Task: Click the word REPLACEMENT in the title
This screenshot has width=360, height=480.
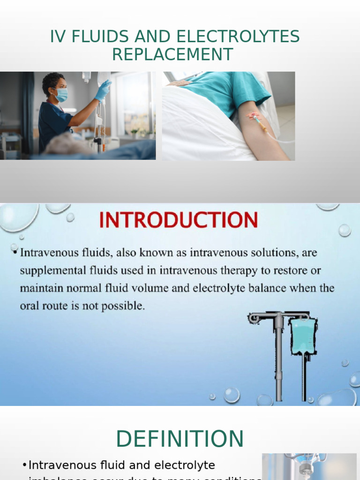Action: point(172,55)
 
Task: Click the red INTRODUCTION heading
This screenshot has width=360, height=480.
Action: point(179,220)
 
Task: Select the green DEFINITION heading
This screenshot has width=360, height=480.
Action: point(180,439)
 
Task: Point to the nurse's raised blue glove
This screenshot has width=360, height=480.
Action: point(103,90)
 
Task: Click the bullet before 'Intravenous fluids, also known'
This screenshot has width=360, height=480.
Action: point(15,253)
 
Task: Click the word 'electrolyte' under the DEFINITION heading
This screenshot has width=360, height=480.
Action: point(187,465)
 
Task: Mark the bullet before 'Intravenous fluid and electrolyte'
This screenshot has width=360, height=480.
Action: point(24,465)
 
